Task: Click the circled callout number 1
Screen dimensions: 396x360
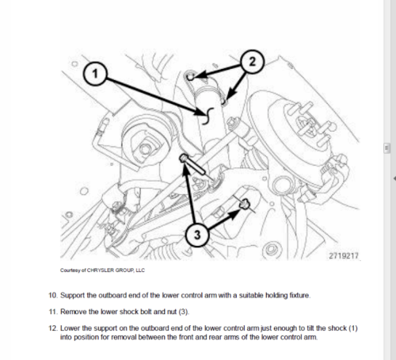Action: coord(95,74)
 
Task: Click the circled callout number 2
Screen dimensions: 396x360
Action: coord(252,62)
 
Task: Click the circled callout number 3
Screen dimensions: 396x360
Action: coord(197,235)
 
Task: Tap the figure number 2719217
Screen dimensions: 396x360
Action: coord(344,255)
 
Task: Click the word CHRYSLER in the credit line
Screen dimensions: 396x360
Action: coord(100,270)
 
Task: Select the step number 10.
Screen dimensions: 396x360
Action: coord(53,295)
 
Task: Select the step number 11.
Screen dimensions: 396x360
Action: coord(53,312)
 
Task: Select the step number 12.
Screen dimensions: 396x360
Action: coord(53,328)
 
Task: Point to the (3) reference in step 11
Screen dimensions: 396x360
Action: coord(184,312)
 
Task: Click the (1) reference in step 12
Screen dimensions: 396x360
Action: coord(353,328)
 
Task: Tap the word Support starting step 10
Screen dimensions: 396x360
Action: coord(72,296)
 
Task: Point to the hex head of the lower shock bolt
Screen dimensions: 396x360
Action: coord(184,158)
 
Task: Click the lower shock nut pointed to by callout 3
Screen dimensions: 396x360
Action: coord(244,204)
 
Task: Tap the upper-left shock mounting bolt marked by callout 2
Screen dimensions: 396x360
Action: coord(190,77)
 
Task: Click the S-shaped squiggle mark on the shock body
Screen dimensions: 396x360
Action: coord(208,116)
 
